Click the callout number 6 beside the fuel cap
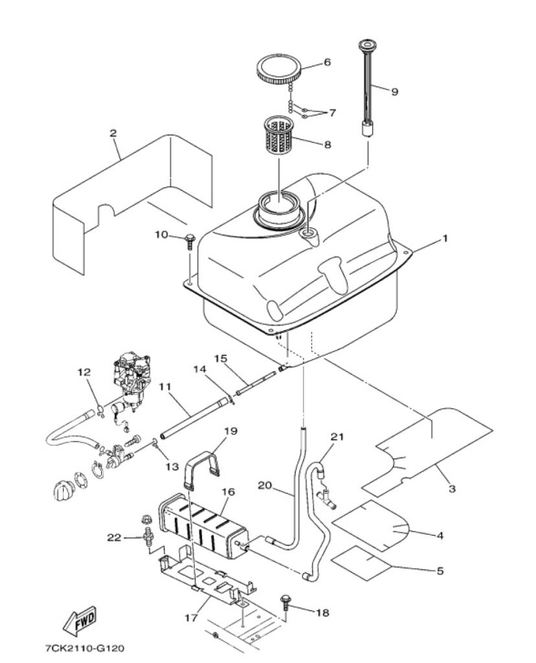(x=327, y=62)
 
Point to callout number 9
(x=394, y=91)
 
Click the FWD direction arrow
(x=80, y=621)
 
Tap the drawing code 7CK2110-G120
(x=85, y=647)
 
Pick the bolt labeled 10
(x=190, y=243)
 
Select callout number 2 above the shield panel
(x=113, y=133)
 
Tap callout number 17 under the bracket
(x=191, y=618)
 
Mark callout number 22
(x=114, y=537)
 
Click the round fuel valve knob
(x=64, y=490)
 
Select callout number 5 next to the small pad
(x=440, y=571)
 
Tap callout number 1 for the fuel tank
(x=444, y=238)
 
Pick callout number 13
(x=172, y=467)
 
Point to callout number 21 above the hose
(x=337, y=437)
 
